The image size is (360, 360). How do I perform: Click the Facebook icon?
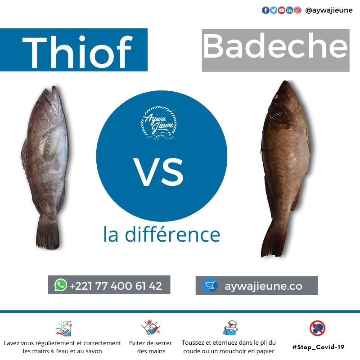tap(265, 10)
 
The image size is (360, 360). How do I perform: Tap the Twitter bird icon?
tap(274, 10)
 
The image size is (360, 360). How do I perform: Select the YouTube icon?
tap(282, 10)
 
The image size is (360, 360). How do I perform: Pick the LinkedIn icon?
tap(289, 10)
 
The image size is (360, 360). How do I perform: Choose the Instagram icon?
tap(297, 10)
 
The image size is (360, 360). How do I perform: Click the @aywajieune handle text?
tap(329, 10)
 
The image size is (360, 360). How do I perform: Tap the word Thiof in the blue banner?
tap(77, 52)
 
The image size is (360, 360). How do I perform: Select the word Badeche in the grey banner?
tap(275, 46)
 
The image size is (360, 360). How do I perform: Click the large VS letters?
tap(159, 172)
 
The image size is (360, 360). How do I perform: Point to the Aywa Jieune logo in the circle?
tap(160, 122)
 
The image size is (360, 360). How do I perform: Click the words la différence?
tap(162, 234)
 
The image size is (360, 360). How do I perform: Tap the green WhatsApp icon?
tap(61, 285)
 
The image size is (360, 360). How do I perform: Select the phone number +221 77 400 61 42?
tap(116, 286)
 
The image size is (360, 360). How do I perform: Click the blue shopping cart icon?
tap(210, 285)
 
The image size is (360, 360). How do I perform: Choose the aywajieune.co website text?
tap(263, 286)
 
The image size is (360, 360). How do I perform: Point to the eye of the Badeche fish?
tap(276, 97)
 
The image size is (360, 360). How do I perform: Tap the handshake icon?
tap(151, 328)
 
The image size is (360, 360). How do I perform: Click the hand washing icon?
tap(64, 328)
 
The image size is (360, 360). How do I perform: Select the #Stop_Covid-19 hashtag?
tap(318, 347)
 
